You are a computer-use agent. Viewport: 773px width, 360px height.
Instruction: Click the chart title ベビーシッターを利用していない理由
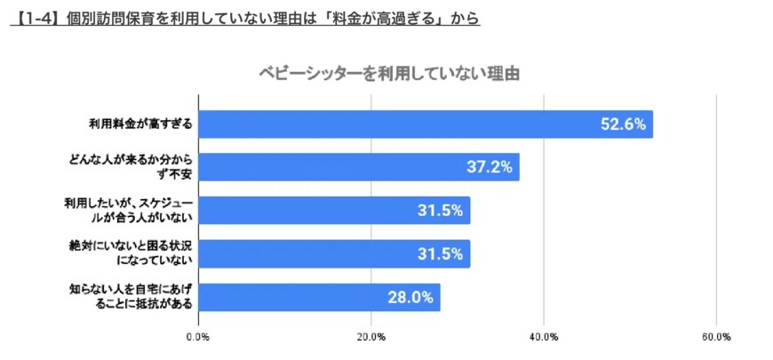388,73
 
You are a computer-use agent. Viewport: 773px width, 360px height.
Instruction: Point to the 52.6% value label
622,124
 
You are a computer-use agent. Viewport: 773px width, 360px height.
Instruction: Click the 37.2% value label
489,167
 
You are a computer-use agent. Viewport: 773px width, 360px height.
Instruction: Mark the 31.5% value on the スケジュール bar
440,211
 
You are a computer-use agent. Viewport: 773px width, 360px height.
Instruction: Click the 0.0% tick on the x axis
197,337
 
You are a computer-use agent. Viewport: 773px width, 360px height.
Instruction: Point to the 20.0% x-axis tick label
371,337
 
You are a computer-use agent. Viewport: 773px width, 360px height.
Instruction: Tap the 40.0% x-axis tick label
544,337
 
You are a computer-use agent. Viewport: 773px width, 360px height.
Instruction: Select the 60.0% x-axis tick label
716,337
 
